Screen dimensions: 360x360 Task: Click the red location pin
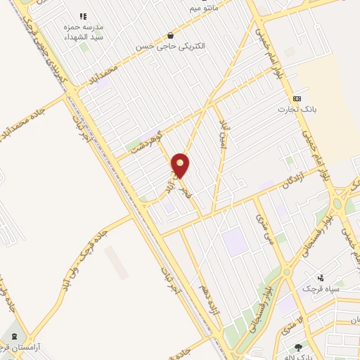181,165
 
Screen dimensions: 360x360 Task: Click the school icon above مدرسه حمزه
82,15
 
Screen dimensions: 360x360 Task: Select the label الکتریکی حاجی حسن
170,46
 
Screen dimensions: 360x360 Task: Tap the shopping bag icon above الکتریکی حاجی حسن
170,35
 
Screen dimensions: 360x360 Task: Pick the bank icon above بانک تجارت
297,98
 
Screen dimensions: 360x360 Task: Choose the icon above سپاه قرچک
321,278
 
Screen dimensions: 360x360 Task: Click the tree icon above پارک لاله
298,347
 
